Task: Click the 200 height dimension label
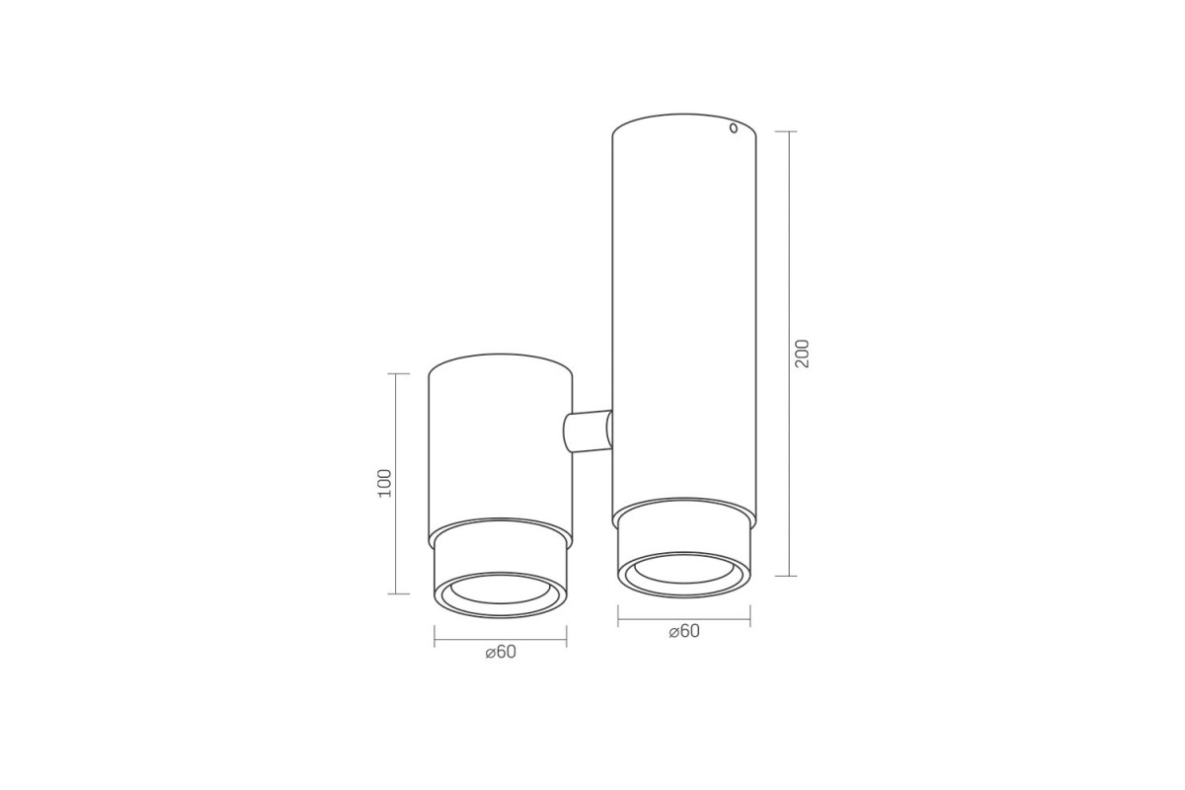(803, 354)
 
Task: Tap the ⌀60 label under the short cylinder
(501, 652)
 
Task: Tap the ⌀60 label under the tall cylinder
(684, 631)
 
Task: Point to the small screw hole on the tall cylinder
(733, 128)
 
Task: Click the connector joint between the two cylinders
(589, 432)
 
